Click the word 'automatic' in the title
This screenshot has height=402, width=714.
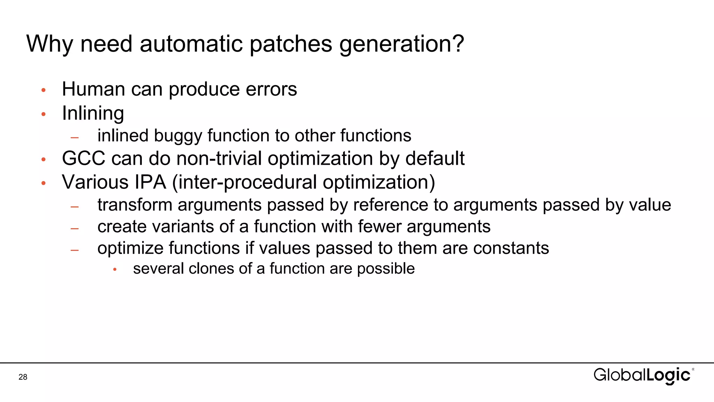191,44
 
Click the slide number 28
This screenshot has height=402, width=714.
23,377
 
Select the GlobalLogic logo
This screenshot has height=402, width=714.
643,375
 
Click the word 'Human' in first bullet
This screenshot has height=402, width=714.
93,89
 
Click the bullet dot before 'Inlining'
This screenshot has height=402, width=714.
44,114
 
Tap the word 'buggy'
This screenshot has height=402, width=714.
178,136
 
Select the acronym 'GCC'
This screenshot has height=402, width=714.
84,158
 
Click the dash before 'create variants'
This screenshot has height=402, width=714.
74,229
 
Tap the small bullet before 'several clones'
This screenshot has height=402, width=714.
115,269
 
